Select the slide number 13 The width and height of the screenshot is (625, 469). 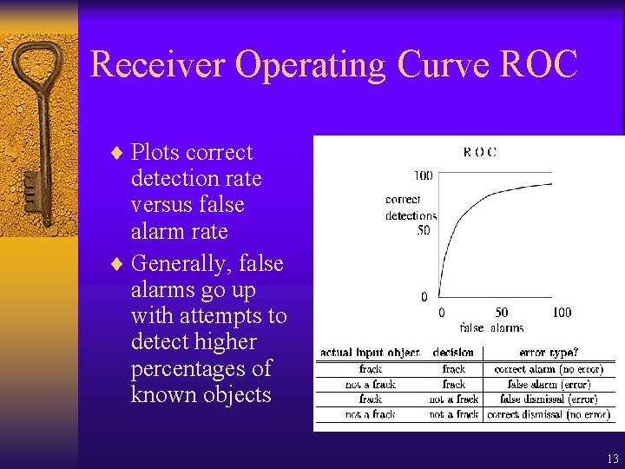click(x=612, y=459)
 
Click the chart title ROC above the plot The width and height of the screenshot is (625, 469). click(x=479, y=152)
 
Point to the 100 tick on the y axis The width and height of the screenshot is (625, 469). click(x=422, y=175)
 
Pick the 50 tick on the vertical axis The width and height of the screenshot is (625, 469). click(x=424, y=230)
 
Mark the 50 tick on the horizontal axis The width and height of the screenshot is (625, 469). click(x=501, y=313)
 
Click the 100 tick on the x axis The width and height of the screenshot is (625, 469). click(x=561, y=313)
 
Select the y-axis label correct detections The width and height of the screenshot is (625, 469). click(x=411, y=208)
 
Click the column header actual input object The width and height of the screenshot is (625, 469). click(x=370, y=353)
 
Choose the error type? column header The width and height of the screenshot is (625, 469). click(x=549, y=353)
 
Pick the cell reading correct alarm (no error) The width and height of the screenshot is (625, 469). click(x=548, y=369)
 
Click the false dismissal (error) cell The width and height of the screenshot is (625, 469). click(x=548, y=400)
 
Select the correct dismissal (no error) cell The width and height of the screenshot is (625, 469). click(x=548, y=415)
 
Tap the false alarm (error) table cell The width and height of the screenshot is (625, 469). click(x=548, y=384)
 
